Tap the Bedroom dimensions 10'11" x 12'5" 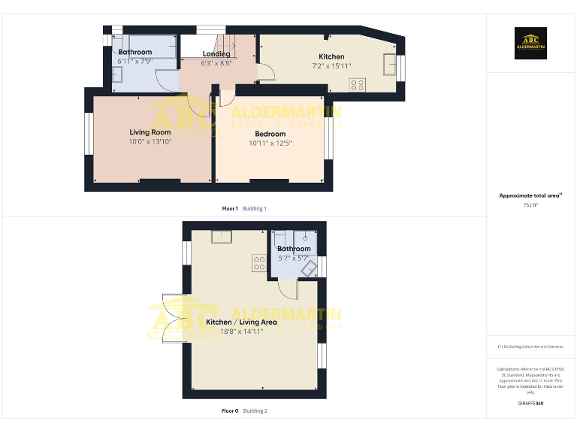tap(270, 143)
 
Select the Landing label tap(216, 54)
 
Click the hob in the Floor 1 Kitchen tap(357, 85)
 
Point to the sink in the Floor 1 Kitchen tap(390, 65)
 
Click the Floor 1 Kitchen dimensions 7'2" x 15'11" tap(331, 66)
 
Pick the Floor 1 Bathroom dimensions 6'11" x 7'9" tap(135, 62)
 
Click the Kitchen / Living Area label tap(241, 322)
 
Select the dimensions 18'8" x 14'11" tap(241, 331)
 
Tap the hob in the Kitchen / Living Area tap(260, 263)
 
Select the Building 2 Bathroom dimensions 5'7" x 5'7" tap(294, 258)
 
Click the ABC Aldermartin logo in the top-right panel tap(530, 44)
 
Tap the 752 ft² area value tap(530, 204)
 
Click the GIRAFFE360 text tap(530, 404)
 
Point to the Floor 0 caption tap(230, 410)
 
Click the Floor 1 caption tap(230, 208)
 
